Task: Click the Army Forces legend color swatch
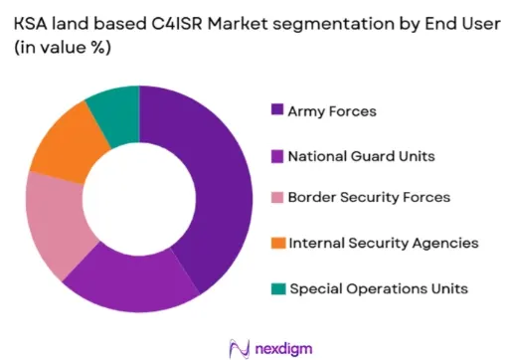(x=277, y=109)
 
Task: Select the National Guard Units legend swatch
(x=277, y=156)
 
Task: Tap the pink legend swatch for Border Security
(x=277, y=197)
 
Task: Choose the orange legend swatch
(x=278, y=243)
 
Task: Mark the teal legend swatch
(x=278, y=288)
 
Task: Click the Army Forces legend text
(x=332, y=111)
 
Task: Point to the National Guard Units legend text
(x=362, y=156)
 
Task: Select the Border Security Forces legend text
(x=369, y=197)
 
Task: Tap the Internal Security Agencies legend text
(x=384, y=244)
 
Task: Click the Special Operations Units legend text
(x=379, y=288)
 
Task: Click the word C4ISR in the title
(x=177, y=24)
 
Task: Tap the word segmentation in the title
(x=333, y=25)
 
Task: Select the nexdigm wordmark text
(x=283, y=349)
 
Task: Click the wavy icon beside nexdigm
(x=240, y=349)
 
